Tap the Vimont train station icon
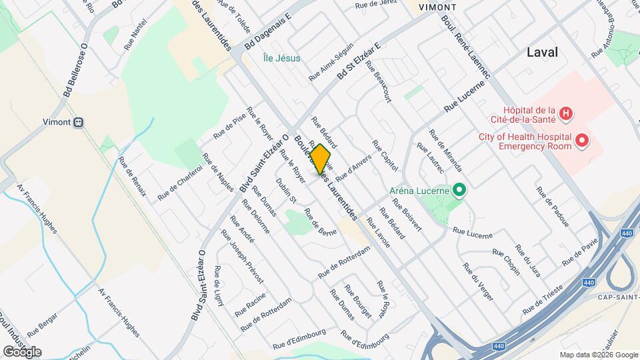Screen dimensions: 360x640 79,122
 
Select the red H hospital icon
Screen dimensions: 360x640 565,113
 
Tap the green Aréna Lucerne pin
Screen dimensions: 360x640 458,191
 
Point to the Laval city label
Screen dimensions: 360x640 542,53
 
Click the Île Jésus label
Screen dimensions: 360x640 281,58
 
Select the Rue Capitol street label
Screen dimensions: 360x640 385,155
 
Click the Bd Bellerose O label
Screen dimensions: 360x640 75,69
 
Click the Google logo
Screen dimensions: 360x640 22,351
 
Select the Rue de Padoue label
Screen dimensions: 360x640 553,206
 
